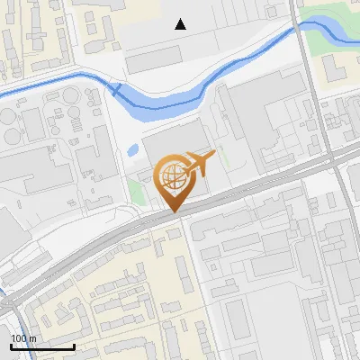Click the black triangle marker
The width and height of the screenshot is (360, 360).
181,24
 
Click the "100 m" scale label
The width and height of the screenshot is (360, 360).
23,338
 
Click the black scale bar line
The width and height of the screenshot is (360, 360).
42,346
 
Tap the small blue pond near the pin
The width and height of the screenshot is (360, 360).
133,148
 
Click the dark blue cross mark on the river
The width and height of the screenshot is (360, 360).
115,88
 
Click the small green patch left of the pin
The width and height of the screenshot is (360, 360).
136,191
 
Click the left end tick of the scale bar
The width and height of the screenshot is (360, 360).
11,345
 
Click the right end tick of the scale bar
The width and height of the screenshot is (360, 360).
74,345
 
